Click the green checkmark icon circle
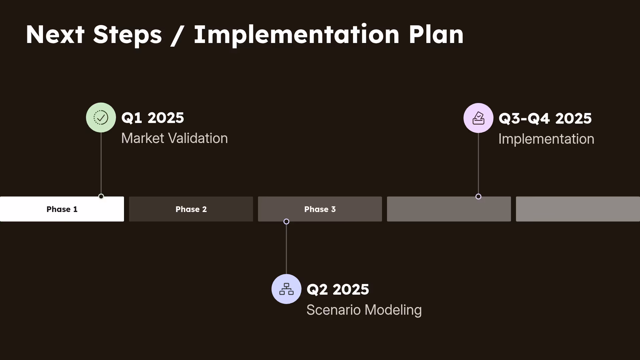(x=101, y=117)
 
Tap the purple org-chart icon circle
(x=286, y=289)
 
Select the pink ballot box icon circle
(x=478, y=118)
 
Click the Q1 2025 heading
(x=153, y=118)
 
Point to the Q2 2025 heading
(x=338, y=289)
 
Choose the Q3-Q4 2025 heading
(x=545, y=118)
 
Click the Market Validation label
(x=174, y=138)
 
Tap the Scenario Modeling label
(x=364, y=310)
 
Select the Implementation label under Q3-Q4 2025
(x=546, y=139)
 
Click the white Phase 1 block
(x=62, y=209)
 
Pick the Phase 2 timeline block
(x=191, y=209)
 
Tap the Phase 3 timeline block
(x=320, y=209)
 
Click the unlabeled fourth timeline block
(x=449, y=209)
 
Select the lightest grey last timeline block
(x=578, y=209)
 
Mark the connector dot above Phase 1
(x=101, y=196)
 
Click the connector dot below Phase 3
(x=286, y=221)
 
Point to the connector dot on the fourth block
(x=478, y=196)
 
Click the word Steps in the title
(x=127, y=35)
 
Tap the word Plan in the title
(x=436, y=35)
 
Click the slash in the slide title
(x=177, y=35)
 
